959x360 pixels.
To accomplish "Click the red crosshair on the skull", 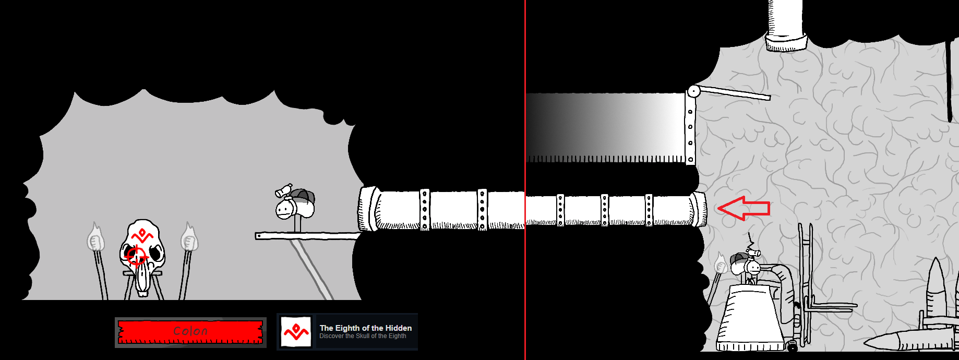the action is [x=137, y=256].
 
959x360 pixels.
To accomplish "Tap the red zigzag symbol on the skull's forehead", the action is [x=142, y=234].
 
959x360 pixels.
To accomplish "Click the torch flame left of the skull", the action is [x=95, y=237].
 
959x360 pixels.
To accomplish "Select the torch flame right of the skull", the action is [x=189, y=237].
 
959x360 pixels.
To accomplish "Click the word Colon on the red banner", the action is [x=190, y=331].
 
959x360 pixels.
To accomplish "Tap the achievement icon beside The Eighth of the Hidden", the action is [x=296, y=332].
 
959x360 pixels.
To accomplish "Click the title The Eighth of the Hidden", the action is [x=366, y=328].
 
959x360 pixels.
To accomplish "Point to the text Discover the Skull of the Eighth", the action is [x=363, y=336].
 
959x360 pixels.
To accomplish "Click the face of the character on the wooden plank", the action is [x=284, y=210].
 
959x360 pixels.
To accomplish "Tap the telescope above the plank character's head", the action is [x=284, y=190].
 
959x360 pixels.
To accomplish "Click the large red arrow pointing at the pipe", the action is [x=744, y=208].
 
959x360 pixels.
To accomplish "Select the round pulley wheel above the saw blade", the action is [x=693, y=92].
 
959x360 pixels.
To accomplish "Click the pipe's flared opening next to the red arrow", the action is [x=699, y=209].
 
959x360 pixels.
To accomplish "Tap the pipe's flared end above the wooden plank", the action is [x=369, y=209].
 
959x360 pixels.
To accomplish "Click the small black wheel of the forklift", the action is [x=792, y=345].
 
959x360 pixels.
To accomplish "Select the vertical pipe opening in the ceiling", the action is [x=786, y=42].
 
